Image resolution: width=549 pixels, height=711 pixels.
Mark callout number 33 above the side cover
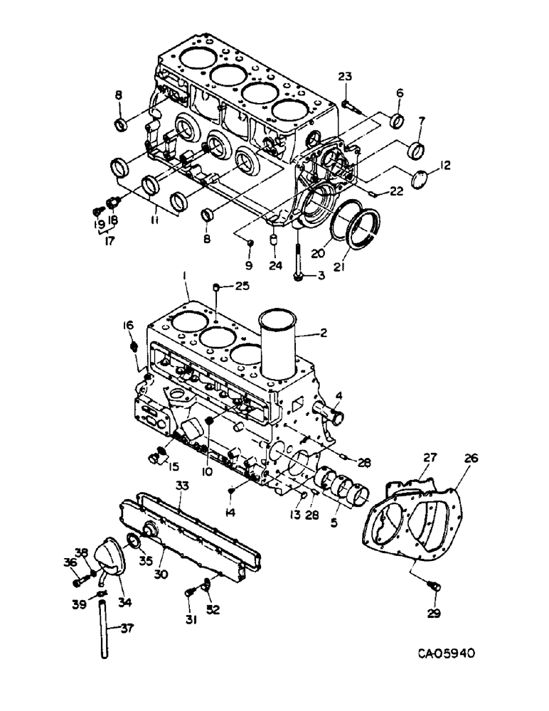(x=181, y=484)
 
